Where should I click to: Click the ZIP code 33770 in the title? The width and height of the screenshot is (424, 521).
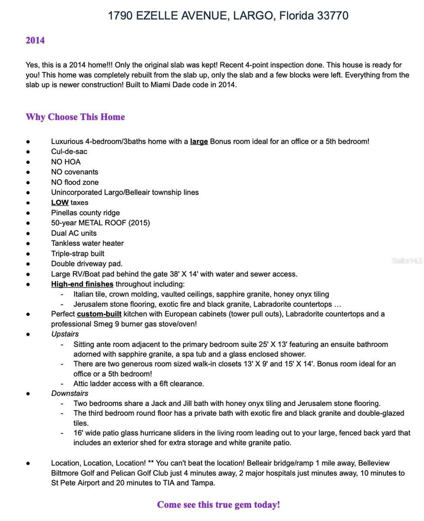coord(332,16)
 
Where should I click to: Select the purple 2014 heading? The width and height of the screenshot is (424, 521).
coord(35,40)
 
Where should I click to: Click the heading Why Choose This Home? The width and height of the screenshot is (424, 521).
coord(75,117)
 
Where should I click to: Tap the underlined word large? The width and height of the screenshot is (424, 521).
coord(199,142)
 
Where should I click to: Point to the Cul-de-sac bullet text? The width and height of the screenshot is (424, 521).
coord(69,152)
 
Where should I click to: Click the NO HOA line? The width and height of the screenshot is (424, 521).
coord(66,162)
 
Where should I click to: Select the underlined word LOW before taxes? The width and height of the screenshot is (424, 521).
coord(60,202)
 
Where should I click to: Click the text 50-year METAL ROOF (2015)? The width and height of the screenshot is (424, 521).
coord(100,223)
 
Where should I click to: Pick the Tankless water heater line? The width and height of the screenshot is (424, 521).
coord(87,243)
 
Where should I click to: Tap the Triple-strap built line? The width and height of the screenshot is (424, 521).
coord(78,254)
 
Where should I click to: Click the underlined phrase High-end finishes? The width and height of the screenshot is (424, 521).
coord(82,284)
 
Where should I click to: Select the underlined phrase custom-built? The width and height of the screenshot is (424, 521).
coord(99,314)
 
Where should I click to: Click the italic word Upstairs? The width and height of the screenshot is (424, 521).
coord(65,334)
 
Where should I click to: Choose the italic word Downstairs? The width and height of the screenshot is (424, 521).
coord(69,393)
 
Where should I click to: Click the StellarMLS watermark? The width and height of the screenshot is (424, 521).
coord(406,260)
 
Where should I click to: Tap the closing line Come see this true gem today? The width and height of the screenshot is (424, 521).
coord(218,505)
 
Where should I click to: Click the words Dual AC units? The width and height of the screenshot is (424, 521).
coord(74,233)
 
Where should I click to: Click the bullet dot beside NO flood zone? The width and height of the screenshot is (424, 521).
coord(28,182)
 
